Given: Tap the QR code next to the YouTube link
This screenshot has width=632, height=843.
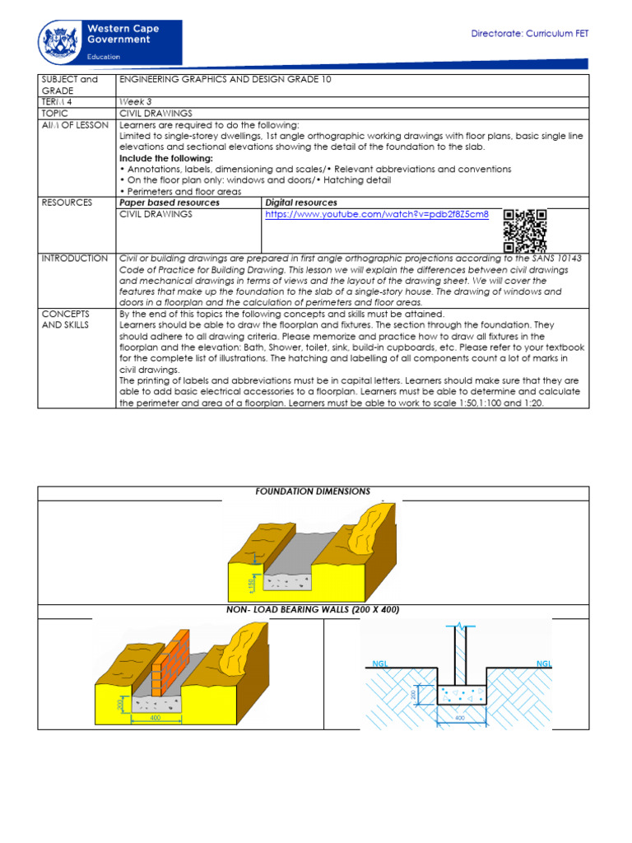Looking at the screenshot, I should [524, 231].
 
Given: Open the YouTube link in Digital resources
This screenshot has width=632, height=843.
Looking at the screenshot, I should [376, 214].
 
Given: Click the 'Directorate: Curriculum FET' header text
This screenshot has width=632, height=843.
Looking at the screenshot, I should [529, 34].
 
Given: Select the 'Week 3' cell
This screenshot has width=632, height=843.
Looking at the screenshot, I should [136, 102].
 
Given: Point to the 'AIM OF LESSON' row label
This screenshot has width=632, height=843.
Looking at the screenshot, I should [69, 124].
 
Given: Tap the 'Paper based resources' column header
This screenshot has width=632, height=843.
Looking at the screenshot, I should [170, 203].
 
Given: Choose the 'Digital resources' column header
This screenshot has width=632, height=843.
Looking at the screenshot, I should [300, 203].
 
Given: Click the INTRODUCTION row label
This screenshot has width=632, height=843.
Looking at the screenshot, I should [74, 258].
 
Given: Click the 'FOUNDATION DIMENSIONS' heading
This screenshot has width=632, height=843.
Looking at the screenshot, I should [313, 491].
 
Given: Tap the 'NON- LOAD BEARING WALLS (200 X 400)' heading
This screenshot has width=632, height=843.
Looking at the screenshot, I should [313, 609].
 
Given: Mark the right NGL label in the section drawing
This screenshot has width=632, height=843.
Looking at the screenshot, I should [544, 663].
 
